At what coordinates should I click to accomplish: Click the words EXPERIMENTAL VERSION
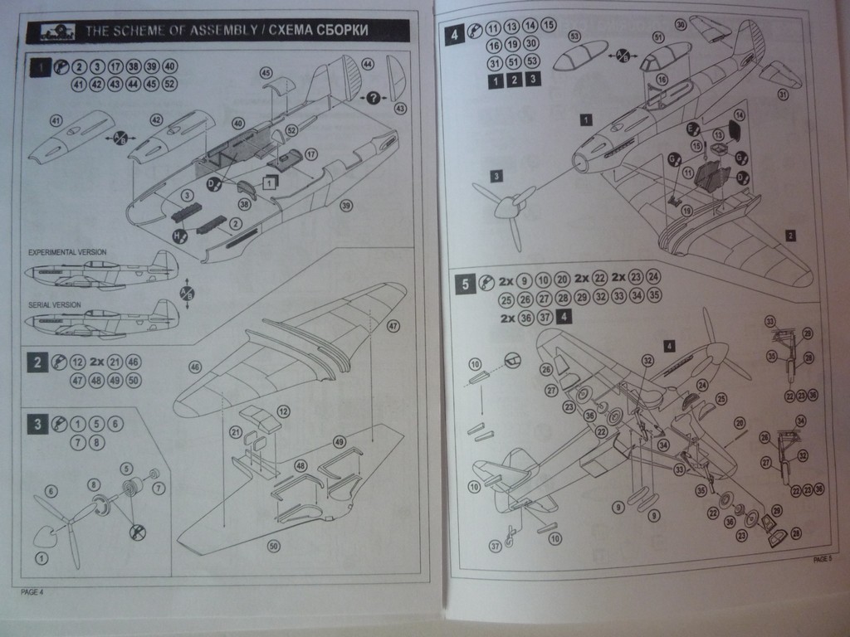(67, 251)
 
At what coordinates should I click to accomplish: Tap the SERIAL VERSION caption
(55, 305)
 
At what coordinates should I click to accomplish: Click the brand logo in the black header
(56, 32)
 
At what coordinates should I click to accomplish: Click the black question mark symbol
(374, 98)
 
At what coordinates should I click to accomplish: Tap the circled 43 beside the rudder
(401, 109)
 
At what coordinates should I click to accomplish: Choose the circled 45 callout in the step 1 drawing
(266, 73)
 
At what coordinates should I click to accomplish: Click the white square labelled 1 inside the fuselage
(271, 183)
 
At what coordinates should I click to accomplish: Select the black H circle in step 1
(177, 236)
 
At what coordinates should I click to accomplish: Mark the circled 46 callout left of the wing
(195, 366)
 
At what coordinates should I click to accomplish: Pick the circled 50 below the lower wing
(273, 545)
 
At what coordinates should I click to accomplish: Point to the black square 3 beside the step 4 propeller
(496, 175)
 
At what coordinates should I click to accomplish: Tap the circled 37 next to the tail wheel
(496, 545)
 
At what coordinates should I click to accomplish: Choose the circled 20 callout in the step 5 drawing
(740, 423)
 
